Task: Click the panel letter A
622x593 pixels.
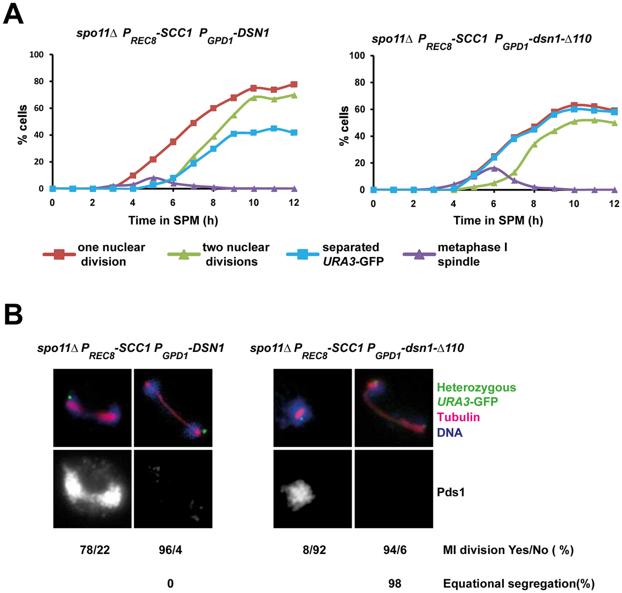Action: (13, 12)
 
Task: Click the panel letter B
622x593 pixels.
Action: (13, 317)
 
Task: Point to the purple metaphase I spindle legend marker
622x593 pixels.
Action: (420, 254)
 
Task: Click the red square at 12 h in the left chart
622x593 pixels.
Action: (294, 85)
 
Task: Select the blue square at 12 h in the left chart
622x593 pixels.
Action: (294, 132)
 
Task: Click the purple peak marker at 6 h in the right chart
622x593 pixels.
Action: (493, 169)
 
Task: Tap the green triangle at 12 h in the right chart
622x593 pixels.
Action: (614, 123)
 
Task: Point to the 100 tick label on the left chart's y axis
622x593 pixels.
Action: (36, 55)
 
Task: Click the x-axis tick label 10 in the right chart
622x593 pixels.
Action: (574, 204)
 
